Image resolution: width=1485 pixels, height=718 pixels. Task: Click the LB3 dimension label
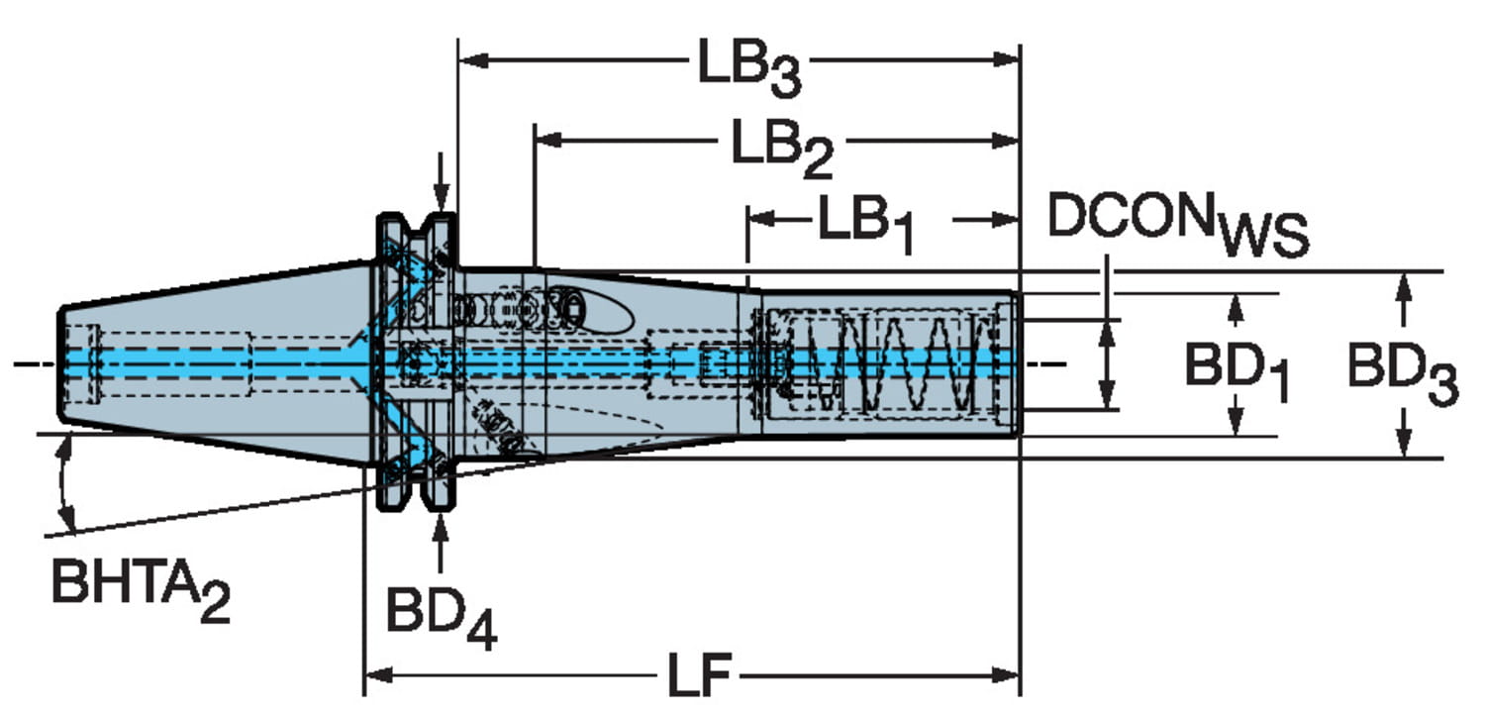(749, 67)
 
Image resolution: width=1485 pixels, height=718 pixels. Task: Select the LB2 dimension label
(782, 149)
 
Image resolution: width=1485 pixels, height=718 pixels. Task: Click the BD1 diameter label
(1237, 371)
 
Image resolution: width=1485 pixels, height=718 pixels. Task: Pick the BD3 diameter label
(1403, 374)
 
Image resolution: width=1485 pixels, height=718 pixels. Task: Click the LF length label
(699, 675)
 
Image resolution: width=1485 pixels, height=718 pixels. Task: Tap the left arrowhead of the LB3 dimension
(473, 61)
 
